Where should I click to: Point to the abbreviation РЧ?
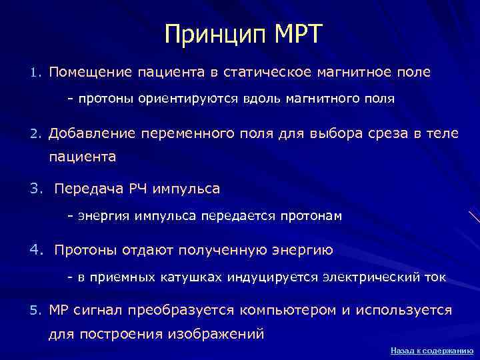click(x=137, y=189)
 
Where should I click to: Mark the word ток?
click(x=431, y=276)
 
